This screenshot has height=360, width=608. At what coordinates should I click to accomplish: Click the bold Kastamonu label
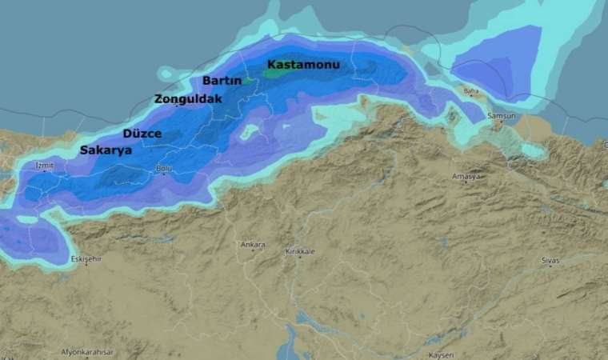click(303, 64)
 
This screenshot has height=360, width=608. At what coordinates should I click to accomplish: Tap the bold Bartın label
click(222, 81)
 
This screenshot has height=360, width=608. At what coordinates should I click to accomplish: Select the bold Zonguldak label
click(188, 99)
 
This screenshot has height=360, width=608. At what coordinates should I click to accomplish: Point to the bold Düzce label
click(142, 133)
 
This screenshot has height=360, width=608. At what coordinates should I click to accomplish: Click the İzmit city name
click(44, 166)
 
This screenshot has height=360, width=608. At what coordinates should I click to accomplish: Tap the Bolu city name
click(163, 167)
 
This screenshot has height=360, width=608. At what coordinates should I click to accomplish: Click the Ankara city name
click(253, 245)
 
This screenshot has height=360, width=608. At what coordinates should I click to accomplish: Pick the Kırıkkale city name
click(300, 252)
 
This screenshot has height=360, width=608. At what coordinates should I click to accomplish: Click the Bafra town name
click(470, 91)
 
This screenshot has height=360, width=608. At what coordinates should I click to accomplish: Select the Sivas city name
click(550, 261)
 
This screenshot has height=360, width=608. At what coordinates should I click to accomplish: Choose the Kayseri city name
click(440, 354)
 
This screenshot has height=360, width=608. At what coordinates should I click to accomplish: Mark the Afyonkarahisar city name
click(88, 352)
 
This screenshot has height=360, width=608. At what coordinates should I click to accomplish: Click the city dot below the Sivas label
click(551, 267)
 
